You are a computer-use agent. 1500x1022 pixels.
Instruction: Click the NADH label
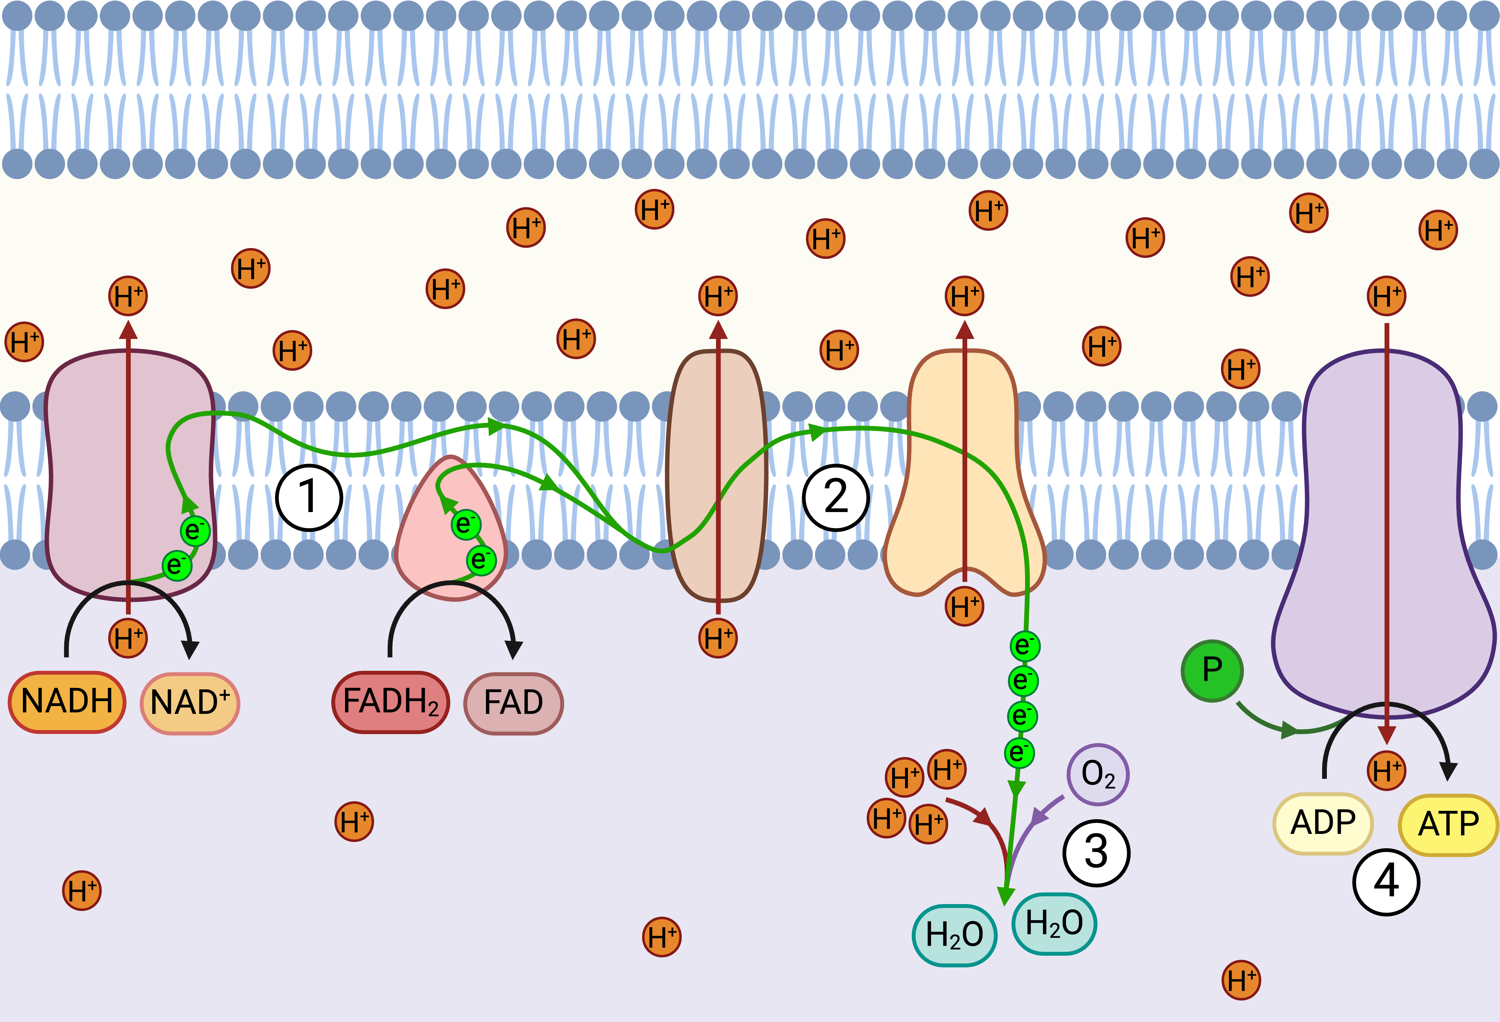tap(67, 702)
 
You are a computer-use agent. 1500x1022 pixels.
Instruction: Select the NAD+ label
tap(190, 703)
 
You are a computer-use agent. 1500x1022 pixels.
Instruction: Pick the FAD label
tap(513, 703)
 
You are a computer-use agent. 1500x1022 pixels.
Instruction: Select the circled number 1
tap(309, 497)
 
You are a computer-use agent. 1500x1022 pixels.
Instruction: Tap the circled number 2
tap(836, 497)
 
